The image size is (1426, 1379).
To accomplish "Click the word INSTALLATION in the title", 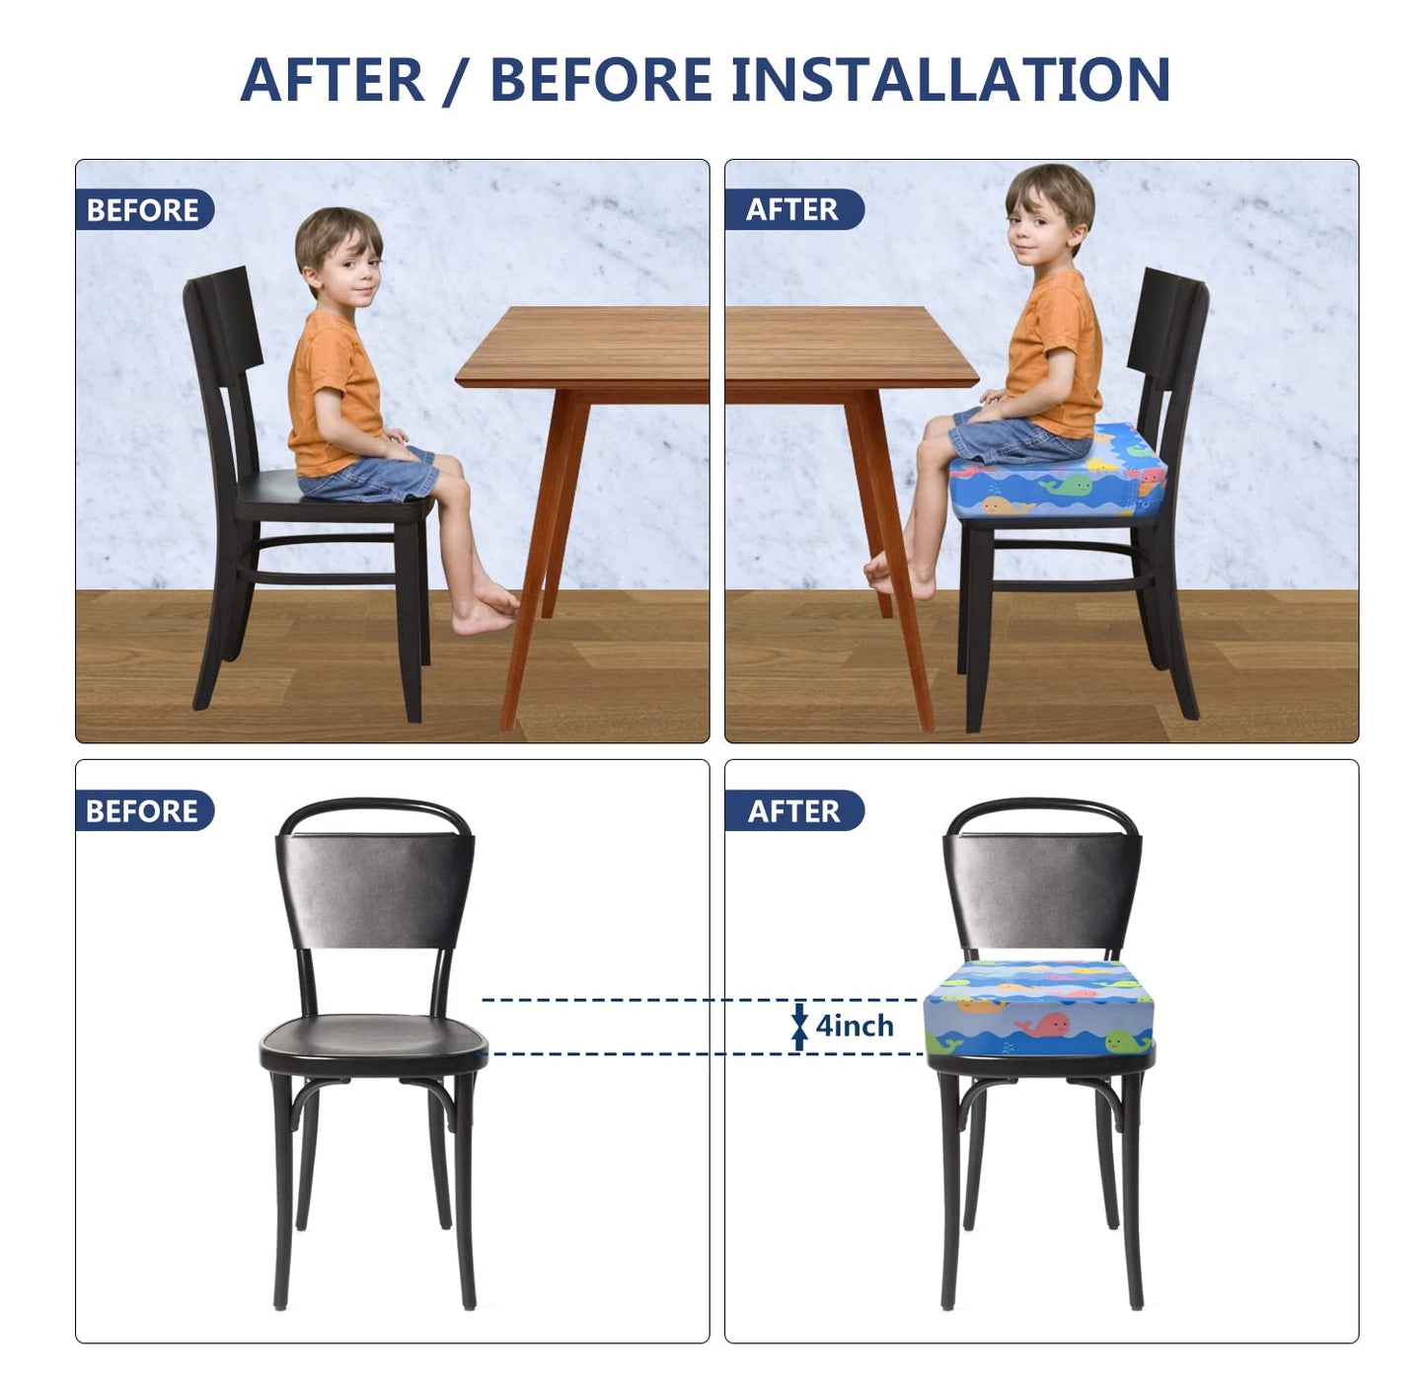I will [950, 80].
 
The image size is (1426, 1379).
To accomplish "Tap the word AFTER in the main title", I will [332, 80].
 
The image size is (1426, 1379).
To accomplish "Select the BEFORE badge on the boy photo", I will [144, 210].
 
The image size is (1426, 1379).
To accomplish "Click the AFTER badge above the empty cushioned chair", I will [793, 811].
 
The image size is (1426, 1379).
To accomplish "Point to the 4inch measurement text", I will [855, 1027].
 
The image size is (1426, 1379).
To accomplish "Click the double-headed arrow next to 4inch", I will [799, 1027].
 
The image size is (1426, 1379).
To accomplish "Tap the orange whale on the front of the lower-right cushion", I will [981, 1006].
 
